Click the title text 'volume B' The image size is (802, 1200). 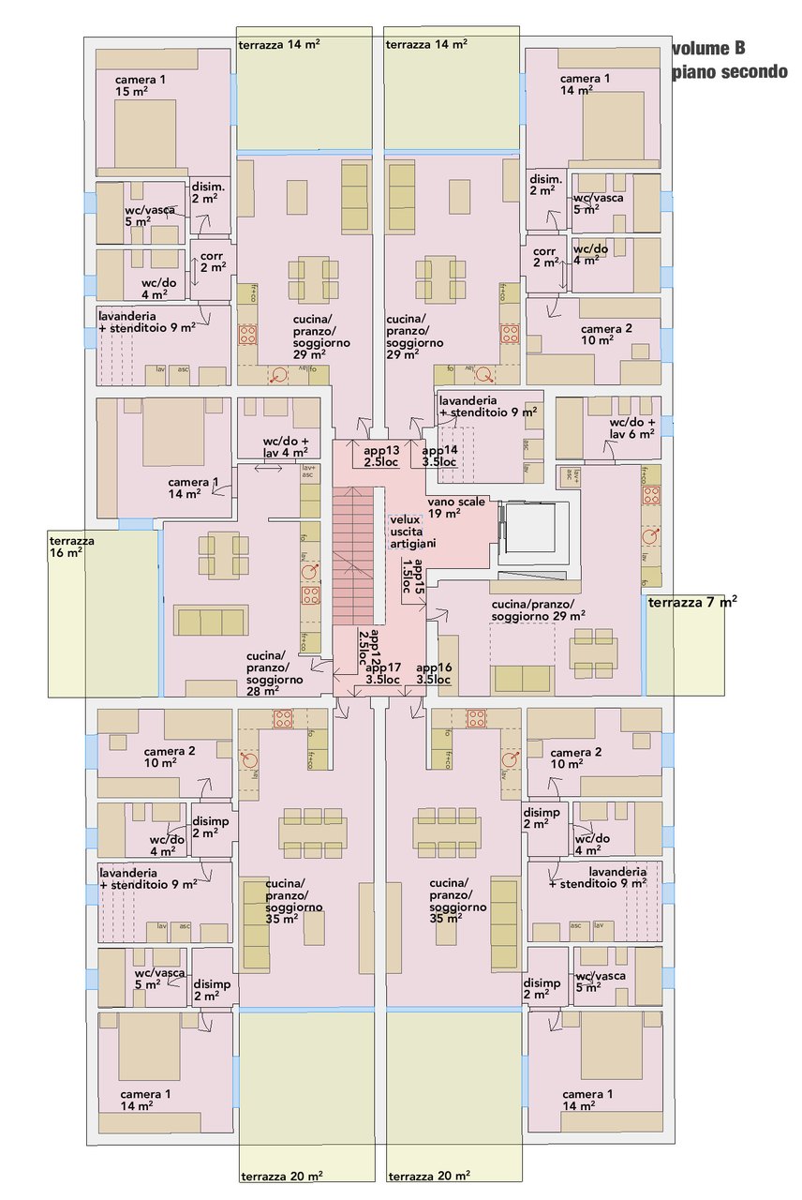(708, 50)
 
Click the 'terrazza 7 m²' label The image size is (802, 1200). (691, 603)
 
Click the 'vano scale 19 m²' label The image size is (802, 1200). (456, 507)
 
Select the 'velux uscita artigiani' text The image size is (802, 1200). (409, 532)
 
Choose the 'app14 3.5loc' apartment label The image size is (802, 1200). (438, 456)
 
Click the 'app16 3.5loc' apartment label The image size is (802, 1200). (434, 673)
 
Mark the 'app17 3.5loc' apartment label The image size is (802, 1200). (383, 673)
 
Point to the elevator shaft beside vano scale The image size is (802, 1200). (535, 531)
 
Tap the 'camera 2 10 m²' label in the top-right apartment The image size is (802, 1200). (605, 335)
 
